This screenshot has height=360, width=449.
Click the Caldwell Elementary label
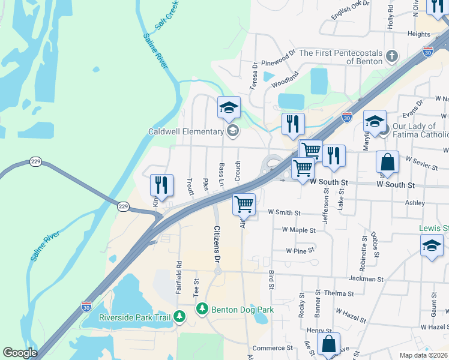[186, 131]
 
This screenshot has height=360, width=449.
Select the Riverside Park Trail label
[135, 317]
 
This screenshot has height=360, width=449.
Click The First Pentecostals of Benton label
[340, 57]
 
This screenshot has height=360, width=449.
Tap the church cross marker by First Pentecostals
[392, 57]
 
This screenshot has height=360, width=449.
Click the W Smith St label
[283, 212]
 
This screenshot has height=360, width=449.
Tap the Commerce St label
[272, 347]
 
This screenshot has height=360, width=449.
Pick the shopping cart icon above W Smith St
[244, 204]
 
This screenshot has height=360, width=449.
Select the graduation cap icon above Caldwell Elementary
[229, 107]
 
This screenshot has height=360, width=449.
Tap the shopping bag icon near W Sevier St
[387, 162]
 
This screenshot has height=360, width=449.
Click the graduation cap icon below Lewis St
[432, 245]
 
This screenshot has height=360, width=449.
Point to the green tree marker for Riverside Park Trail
[179, 317]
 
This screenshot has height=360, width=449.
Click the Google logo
[19, 353]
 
